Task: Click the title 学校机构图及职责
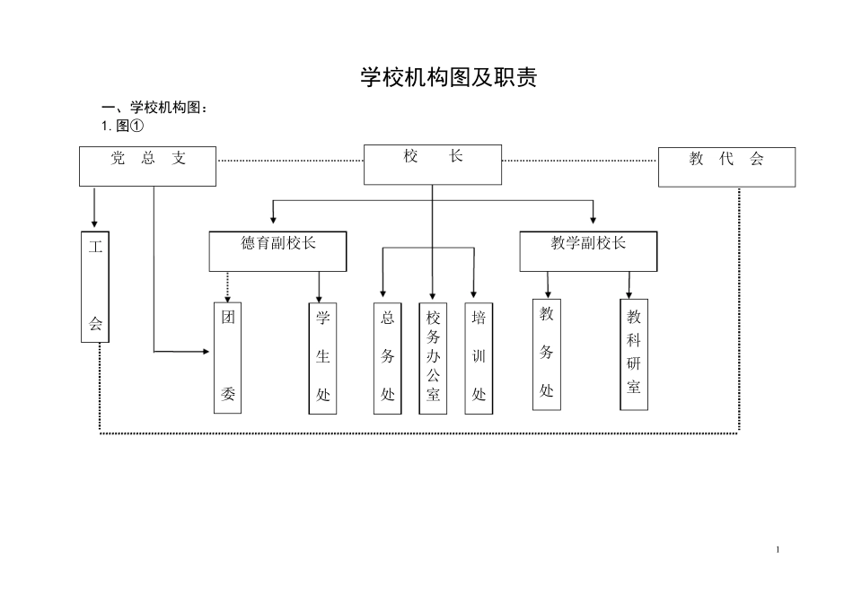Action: click(x=448, y=78)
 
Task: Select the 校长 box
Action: click(x=433, y=164)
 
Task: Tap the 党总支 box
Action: click(x=148, y=166)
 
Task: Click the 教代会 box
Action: click(x=726, y=167)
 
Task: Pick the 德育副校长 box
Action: click(x=278, y=251)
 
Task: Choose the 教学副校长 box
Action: click(x=588, y=251)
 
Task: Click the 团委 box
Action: click(x=228, y=357)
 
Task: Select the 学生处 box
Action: click(x=323, y=357)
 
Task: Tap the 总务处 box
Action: click(x=388, y=357)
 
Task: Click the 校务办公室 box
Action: click(x=433, y=357)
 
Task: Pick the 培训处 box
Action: click(x=479, y=357)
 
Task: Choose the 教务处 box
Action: click(x=547, y=354)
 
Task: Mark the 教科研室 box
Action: click(x=634, y=354)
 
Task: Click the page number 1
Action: click(x=778, y=549)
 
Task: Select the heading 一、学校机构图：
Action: click(x=154, y=109)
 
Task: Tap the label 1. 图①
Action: click(x=122, y=126)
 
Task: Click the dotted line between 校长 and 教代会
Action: click(x=579, y=162)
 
